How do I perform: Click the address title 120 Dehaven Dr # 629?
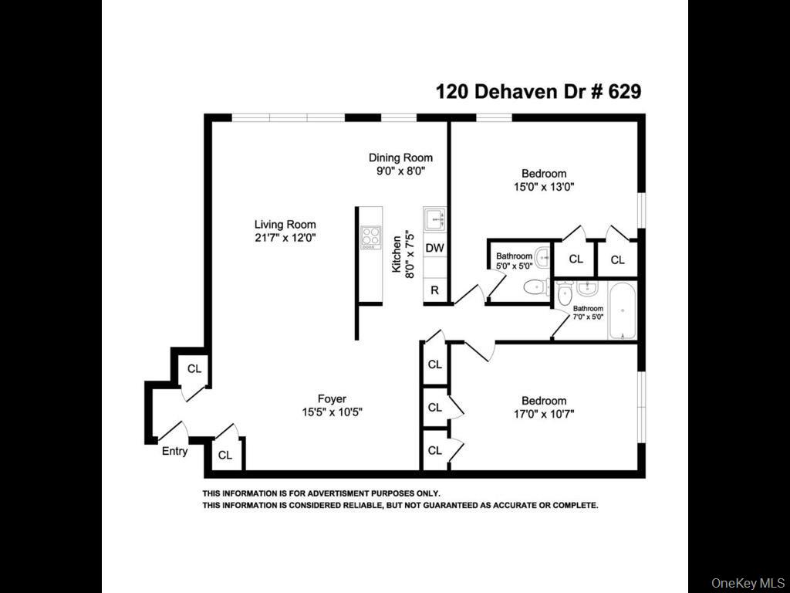click(x=538, y=92)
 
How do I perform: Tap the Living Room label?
click(x=285, y=225)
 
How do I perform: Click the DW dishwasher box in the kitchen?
click(x=435, y=248)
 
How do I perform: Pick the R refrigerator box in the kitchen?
click(x=435, y=291)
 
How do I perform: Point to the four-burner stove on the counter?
click(x=371, y=237)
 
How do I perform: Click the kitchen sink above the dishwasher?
click(x=434, y=220)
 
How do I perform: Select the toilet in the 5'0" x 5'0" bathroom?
click(x=535, y=288)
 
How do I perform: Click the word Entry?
click(x=174, y=451)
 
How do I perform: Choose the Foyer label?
click(x=331, y=398)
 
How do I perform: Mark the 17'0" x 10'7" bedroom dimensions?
click(x=544, y=414)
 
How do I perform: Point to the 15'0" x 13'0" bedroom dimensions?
click(x=544, y=186)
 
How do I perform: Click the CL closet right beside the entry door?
click(x=194, y=369)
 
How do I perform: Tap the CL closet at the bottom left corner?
click(x=225, y=455)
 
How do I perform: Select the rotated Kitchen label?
click(x=397, y=254)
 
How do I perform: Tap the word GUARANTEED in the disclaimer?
click(x=444, y=505)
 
